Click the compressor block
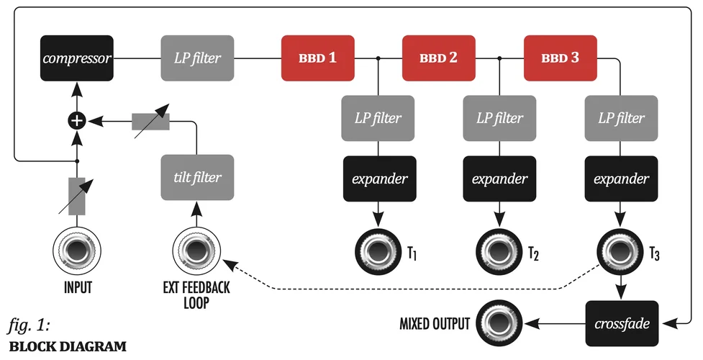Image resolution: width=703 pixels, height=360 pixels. [76, 58]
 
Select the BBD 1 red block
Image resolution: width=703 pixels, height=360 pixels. [317, 58]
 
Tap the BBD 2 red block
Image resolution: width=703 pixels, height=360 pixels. [438, 58]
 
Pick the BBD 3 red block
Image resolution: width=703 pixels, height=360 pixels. [560, 58]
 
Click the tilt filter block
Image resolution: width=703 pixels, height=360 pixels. [197, 176]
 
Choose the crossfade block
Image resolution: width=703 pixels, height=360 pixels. [622, 324]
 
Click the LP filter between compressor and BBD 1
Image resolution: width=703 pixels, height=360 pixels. [196, 58]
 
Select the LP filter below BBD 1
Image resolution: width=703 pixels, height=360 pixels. [378, 117]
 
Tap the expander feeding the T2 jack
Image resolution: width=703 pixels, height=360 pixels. [499, 178]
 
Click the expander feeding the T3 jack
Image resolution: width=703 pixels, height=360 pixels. [621, 178]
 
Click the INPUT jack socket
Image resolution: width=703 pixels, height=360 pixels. [77, 251]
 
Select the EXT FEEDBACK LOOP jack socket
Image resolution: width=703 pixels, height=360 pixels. [196, 251]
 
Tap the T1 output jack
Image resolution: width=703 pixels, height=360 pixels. [378, 251]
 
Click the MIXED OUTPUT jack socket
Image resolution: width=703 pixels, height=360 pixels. [499, 323]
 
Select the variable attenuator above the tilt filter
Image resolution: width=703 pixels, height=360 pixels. [150, 122]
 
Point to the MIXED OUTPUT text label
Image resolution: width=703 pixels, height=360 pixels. [435, 324]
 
